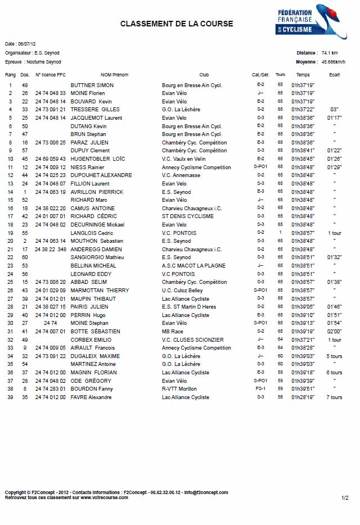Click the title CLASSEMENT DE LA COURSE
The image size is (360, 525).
click(176, 24)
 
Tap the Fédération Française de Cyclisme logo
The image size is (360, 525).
click(311, 21)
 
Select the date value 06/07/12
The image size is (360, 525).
click(27, 43)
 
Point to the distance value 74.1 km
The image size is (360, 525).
click(330, 53)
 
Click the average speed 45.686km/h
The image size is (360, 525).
click(333, 62)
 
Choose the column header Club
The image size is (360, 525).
click(204, 75)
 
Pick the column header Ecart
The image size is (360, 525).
click(334, 75)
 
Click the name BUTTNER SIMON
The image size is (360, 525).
click(92, 85)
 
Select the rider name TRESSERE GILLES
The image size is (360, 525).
click(94, 110)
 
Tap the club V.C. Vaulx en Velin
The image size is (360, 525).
click(184, 159)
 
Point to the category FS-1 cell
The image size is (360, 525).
click(260, 389)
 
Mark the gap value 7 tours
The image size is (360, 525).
click(334, 397)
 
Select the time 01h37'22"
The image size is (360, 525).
click(303, 110)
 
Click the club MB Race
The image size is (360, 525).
click(172, 332)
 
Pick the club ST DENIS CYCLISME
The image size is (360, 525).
click(187, 216)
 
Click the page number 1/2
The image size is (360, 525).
click(345, 497)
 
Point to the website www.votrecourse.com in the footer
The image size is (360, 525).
click(106, 497)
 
